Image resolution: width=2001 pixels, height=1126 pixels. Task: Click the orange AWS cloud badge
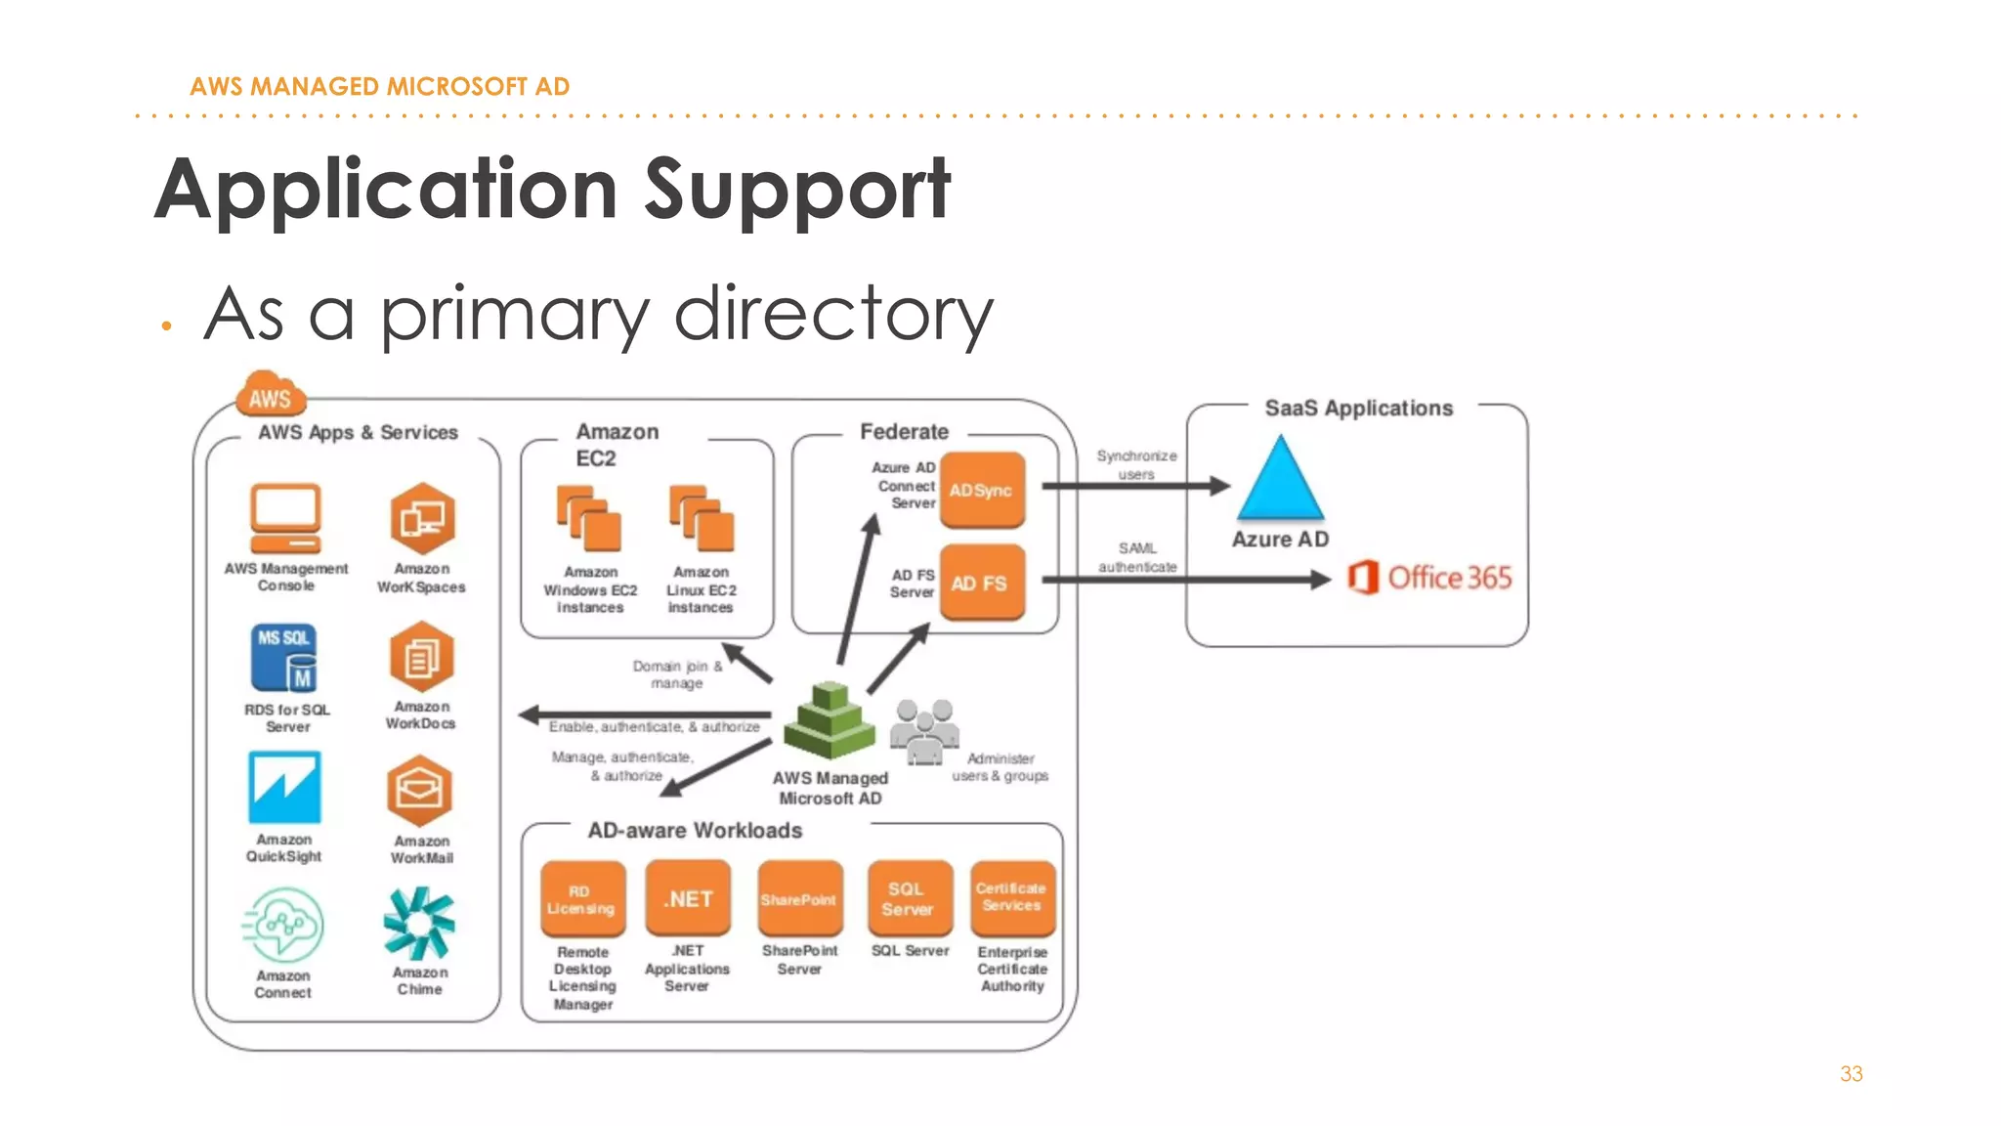tap(271, 395)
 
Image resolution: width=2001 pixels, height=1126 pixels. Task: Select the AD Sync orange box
tap(982, 490)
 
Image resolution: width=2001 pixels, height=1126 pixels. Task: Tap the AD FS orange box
tap(982, 583)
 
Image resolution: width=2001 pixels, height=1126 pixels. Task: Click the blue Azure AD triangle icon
tap(1280, 481)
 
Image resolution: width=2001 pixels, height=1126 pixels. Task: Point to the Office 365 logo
tap(1429, 578)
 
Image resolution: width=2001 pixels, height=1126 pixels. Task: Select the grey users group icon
tap(924, 730)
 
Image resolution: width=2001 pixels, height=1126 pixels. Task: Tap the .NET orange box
tap(688, 898)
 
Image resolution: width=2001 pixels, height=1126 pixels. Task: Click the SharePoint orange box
tap(799, 898)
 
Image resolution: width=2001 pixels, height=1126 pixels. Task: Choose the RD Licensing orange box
tap(582, 899)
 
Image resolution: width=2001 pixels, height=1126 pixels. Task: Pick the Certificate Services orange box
tap(1012, 897)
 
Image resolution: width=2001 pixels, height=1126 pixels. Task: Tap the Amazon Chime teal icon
tap(419, 923)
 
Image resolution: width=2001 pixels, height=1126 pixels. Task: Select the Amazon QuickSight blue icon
tap(284, 788)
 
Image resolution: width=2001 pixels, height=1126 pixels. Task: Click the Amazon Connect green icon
tap(283, 925)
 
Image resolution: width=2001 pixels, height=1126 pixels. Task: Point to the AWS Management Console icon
tap(285, 519)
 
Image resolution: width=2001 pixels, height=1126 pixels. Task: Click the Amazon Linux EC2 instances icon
tap(702, 519)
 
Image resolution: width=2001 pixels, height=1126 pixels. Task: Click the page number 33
tap(1851, 1073)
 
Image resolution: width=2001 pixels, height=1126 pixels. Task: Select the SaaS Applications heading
tap(1358, 408)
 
